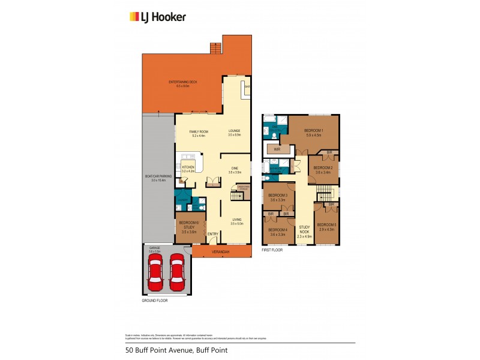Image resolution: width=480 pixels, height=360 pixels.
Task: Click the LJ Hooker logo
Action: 158,17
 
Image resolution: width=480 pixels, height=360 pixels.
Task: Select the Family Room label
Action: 199,133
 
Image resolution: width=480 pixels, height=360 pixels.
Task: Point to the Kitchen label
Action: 189,169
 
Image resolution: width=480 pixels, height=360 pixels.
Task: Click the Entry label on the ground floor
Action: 213,233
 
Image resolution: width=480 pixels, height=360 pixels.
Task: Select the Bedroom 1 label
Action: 313,132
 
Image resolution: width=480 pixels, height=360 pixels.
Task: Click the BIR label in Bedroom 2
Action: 329,153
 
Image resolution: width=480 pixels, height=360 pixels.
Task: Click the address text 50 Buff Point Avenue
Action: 176,350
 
